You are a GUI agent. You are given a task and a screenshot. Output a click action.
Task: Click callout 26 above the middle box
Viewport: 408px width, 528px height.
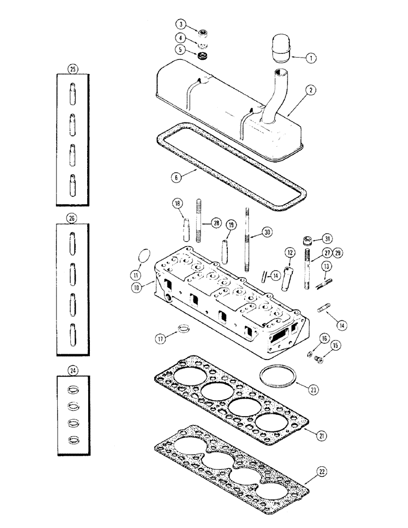click(x=72, y=218)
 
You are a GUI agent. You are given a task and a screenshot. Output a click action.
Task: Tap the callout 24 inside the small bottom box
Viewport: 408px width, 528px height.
click(x=72, y=371)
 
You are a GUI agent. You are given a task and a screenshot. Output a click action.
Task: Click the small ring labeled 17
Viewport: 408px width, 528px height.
click(x=183, y=328)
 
